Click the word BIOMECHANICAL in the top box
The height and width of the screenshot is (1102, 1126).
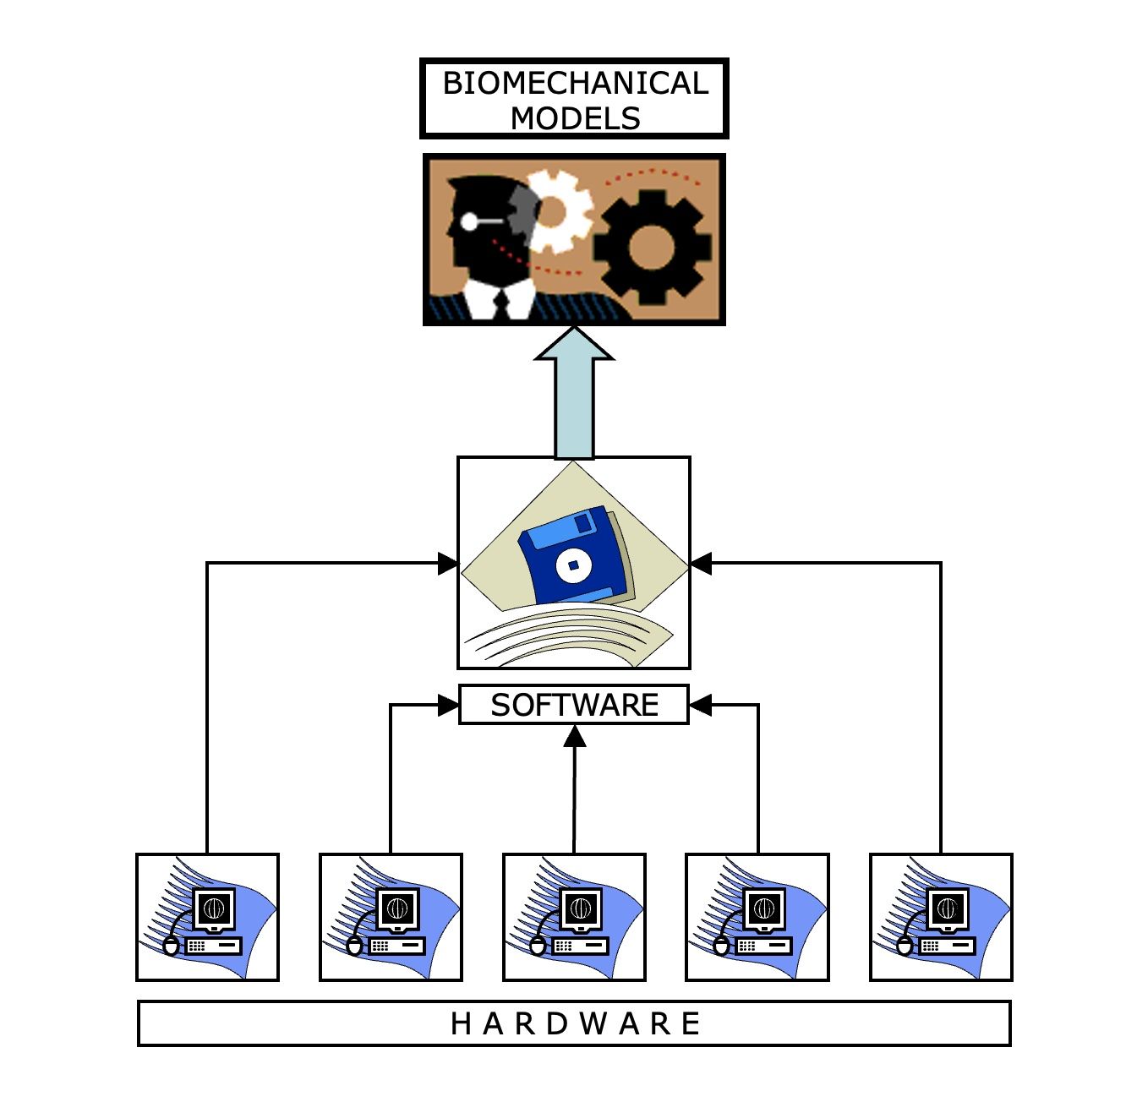pos(575,83)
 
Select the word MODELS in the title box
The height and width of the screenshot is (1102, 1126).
pos(575,118)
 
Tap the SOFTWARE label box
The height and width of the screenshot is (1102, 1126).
pos(574,705)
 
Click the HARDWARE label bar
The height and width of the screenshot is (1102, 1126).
pos(574,1023)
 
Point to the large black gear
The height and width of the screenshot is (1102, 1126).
pos(651,247)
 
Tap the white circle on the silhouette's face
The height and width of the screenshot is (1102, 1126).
pos(468,221)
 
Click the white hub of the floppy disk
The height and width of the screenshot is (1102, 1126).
pos(573,565)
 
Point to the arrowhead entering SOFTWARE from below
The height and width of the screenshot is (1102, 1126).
pos(575,736)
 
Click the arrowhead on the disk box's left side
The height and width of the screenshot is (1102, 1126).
pos(447,564)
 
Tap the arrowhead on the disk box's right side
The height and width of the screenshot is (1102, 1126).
pos(702,564)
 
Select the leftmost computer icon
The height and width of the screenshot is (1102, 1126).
pos(208,917)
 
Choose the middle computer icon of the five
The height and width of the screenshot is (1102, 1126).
pos(574,917)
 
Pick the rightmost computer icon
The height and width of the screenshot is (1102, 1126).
pos(941,917)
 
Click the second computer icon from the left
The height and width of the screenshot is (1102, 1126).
pos(391,917)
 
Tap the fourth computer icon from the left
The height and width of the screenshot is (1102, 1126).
pos(757,917)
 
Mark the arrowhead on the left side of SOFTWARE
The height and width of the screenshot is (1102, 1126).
pos(448,705)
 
